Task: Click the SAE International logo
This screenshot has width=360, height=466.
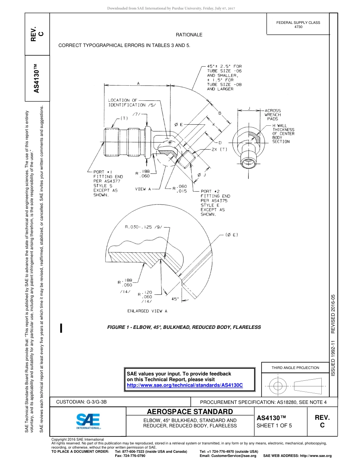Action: coord(88,421)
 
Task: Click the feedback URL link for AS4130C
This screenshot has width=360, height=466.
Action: coord(184,385)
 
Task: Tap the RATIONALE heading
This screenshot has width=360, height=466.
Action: coord(189,34)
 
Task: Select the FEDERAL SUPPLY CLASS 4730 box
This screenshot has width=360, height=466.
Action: coord(298,25)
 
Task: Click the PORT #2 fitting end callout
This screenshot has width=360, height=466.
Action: coord(215,203)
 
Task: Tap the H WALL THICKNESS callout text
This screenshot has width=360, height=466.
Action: coord(283,133)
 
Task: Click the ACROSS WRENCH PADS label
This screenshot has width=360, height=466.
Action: coord(272,114)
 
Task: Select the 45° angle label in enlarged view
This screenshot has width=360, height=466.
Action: coord(175,299)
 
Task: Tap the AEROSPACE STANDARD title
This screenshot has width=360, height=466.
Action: coord(190,412)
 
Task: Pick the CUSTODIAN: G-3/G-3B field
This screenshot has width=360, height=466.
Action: coord(84,402)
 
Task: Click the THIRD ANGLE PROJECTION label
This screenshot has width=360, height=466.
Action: coord(295,367)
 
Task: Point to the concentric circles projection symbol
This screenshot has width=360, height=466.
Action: coord(278,386)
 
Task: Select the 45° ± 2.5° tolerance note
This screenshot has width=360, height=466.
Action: coord(224,78)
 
